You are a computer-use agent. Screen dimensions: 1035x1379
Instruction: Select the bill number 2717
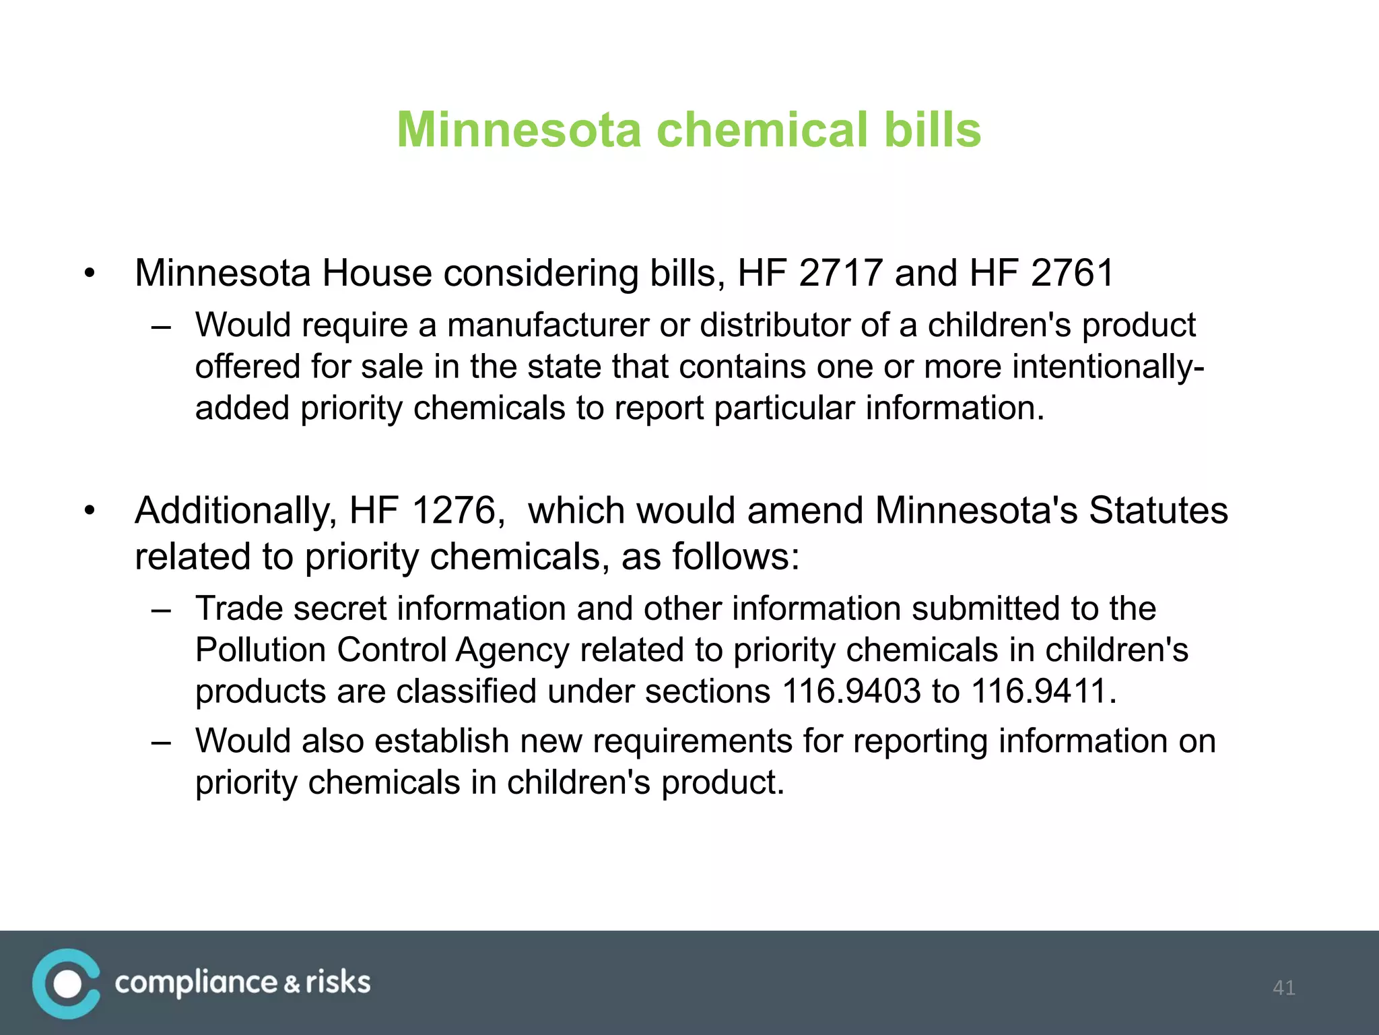(840, 273)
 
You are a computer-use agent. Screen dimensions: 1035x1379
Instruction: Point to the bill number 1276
(454, 510)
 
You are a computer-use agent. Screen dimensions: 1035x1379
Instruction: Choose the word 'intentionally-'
(1108, 367)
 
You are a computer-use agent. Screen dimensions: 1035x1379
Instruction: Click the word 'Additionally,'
(236, 510)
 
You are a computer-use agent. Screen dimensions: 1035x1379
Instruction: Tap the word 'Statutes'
(1158, 510)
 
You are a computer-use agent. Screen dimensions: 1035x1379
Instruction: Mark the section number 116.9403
(851, 691)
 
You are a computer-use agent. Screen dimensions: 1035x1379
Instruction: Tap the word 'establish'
(442, 741)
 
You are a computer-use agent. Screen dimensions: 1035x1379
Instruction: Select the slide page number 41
(1283, 988)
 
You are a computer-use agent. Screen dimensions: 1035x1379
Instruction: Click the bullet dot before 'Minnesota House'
(90, 274)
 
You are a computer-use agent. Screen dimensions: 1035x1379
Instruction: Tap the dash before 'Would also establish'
(161, 742)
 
